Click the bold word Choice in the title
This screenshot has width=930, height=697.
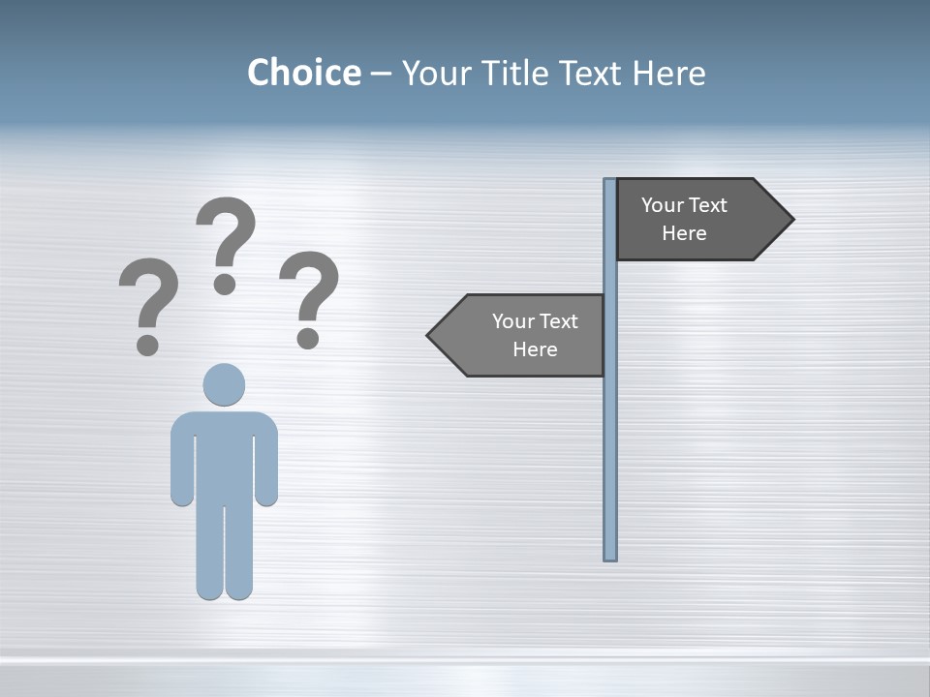[x=303, y=73]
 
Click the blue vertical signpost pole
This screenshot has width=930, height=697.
[x=610, y=436]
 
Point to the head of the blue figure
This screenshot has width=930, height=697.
[x=224, y=384]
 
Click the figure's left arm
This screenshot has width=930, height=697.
[x=182, y=465]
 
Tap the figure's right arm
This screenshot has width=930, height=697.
[x=266, y=465]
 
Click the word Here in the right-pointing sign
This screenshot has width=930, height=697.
[x=684, y=233]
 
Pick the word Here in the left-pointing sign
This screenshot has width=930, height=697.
[x=535, y=349]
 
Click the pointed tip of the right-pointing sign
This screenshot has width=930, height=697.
[x=790, y=219]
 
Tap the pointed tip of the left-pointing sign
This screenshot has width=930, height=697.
[x=430, y=335]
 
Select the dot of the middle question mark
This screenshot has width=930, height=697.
[x=225, y=284]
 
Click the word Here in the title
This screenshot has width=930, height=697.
[x=668, y=73]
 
